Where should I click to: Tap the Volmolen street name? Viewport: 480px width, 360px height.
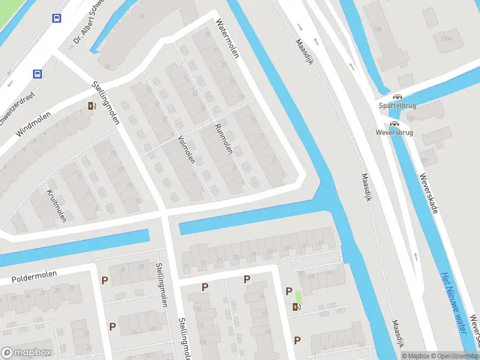pos(186,148)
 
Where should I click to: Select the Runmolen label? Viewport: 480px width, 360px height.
pos(223,139)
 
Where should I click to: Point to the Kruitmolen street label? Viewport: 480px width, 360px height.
pos(56,205)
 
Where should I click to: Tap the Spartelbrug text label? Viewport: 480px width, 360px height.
pos(397,105)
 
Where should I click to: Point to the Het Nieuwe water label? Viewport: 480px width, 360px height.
pos(454,303)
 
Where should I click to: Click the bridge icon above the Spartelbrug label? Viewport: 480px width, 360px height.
pos(397,96)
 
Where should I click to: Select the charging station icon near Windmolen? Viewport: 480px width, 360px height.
pos(91,106)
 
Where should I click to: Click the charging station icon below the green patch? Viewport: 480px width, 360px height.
pos(296,307)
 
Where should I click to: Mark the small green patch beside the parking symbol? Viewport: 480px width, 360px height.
pos(298,296)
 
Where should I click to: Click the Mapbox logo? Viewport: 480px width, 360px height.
pos(26,353)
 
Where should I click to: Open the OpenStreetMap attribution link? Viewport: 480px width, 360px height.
pos(455,356)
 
